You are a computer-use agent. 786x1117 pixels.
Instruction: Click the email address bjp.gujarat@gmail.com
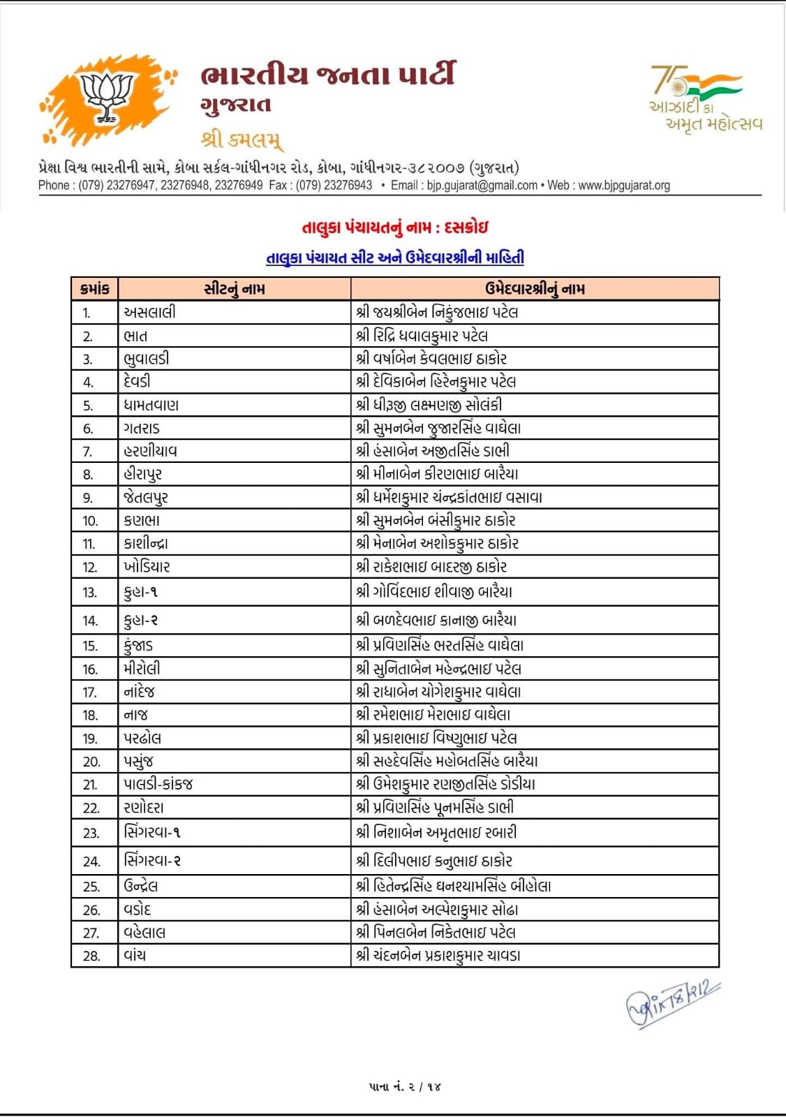click(x=482, y=186)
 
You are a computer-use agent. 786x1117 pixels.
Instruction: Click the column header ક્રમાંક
click(x=95, y=289)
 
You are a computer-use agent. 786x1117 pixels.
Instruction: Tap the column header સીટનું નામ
click(x=235, y=289)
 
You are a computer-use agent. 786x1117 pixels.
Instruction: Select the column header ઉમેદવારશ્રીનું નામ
click(x=535, y=289)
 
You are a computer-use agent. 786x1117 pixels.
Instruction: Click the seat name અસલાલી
click(x=149, y=312)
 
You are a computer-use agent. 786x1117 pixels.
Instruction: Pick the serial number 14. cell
click(x=91, y=621)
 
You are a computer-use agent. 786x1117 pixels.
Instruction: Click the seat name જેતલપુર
click(x=146, y=497)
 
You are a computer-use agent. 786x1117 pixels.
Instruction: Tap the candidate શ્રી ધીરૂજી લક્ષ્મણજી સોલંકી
click(x=429, y=405)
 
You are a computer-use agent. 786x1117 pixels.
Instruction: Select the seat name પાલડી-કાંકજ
click(x=158, y=784)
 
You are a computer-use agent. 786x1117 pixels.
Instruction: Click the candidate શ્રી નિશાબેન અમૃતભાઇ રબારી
click(x=436, y=832)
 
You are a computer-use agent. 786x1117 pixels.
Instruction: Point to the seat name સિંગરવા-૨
click(x=152, y=861)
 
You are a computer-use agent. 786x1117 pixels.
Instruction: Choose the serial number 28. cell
click(x=91, y=956)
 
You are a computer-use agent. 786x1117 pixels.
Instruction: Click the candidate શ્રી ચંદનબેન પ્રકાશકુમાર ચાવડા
click(x=438, y=956)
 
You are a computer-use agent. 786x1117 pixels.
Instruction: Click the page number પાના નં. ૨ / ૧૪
click(x=406, y=1086)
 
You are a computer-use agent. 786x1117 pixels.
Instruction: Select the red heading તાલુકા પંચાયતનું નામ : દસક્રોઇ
click(x=394, y=228)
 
